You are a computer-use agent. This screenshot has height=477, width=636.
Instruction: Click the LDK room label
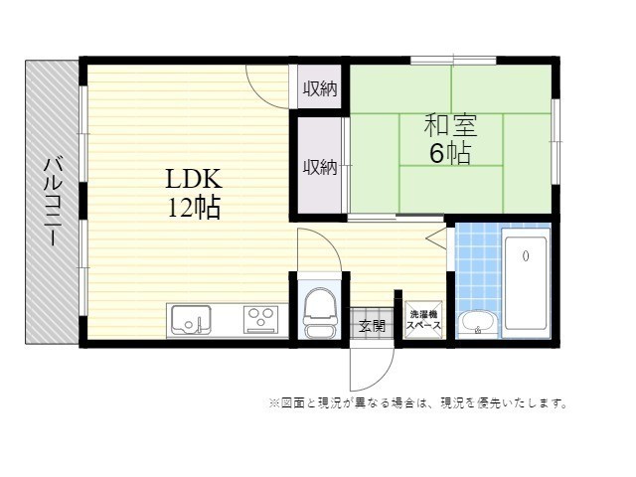pos(194,179)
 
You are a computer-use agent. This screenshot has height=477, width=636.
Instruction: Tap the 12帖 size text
pos(195,208)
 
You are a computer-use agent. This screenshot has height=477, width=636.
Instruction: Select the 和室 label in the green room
pos(450,125)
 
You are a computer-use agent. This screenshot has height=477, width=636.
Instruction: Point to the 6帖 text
pos(450,153)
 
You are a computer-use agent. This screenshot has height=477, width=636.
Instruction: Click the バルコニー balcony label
pos(53,202)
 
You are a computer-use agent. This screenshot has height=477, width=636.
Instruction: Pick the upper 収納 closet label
pos(320,88)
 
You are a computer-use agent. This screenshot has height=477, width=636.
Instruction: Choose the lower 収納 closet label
pos(320,167)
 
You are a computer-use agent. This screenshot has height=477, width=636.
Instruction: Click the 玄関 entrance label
pos(372,325)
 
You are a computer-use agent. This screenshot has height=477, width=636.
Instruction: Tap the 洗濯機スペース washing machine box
pos(423,320)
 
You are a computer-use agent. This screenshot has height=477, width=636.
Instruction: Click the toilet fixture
pos(320,312)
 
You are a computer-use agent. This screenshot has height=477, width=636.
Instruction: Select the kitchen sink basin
pos(191,320)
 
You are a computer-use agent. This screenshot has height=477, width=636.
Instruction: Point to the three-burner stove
pos(260,320)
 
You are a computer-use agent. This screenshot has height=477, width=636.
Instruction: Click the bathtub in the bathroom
pos(526,283)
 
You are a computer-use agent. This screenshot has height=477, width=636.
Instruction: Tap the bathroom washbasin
pos(478,323)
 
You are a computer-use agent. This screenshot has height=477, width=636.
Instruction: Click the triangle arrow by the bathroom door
pos(436,238)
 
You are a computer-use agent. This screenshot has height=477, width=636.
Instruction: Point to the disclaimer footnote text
pos(417,403)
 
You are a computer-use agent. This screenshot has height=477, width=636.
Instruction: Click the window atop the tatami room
pos(453,61)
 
